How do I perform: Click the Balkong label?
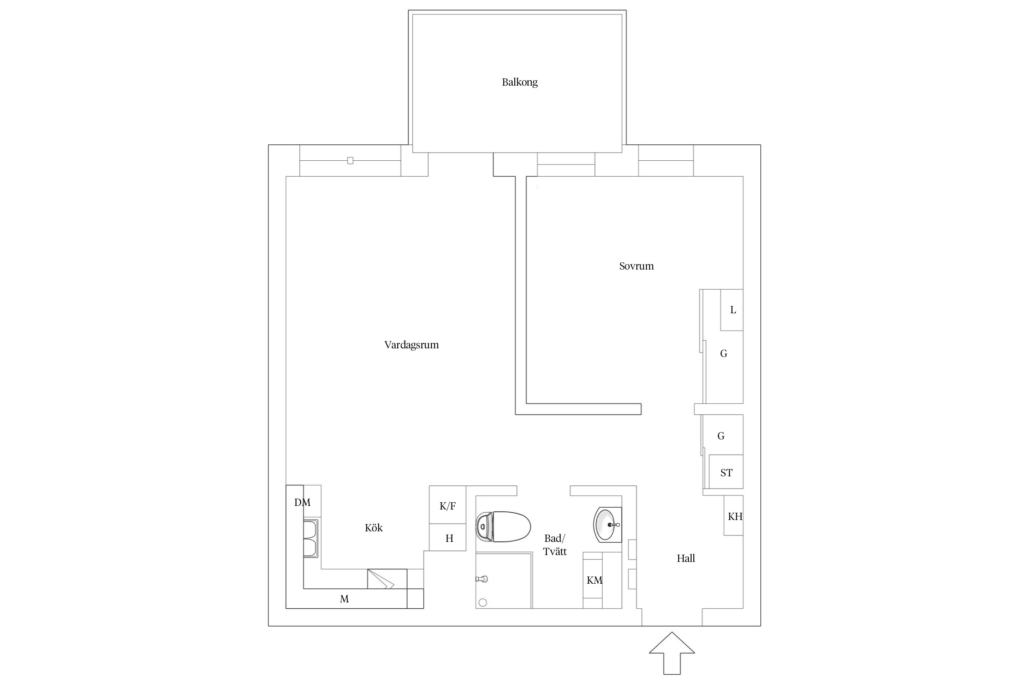coord(520,82)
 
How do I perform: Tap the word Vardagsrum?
coord(411,345)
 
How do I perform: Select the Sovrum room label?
coord(636,266)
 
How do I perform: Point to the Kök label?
coord(374,528)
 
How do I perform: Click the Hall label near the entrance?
coord(686,558)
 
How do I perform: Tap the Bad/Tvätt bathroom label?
coord(554,545)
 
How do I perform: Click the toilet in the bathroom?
coord(503,526)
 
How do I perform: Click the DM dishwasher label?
coord(302,502)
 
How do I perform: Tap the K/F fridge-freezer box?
coord(447,505)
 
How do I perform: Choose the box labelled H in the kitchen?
coord(447,537)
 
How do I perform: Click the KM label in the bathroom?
coord(594,580)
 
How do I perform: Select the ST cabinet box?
coord(726,472)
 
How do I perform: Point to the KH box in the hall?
coord(733,515)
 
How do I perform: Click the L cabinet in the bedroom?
coord(732,310)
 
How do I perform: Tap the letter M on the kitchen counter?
coord(344,599)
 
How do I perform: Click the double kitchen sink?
coord(312,539)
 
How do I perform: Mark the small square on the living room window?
coord(350,161)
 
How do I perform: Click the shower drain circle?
coord(483,602)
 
